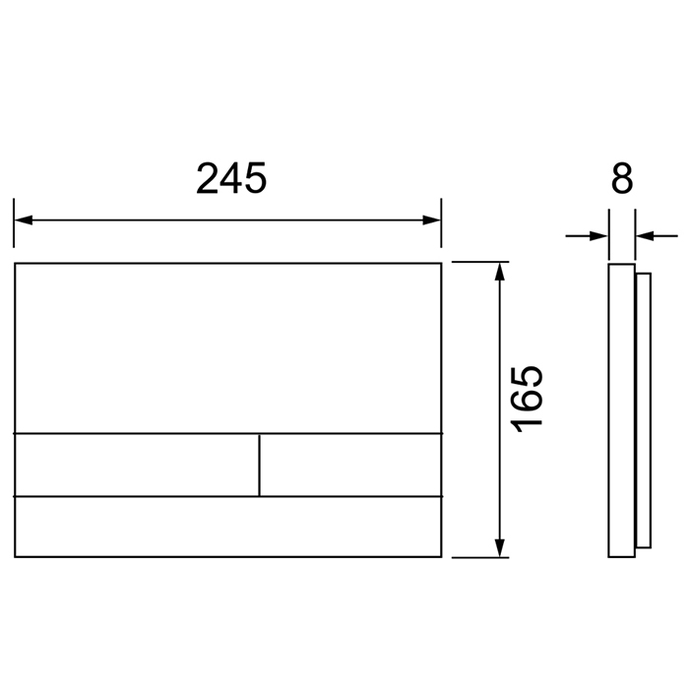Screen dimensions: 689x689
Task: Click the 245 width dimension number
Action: click(231, 178)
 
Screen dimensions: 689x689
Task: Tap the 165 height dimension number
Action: click(526, 399)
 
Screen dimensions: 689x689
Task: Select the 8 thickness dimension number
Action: click(622, 178)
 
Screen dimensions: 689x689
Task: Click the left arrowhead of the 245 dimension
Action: click(24, 220)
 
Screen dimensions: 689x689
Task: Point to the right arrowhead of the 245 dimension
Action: click(431, 220)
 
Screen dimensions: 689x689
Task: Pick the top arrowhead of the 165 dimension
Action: click(499, 272)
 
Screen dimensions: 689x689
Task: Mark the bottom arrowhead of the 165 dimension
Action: click(499, 548)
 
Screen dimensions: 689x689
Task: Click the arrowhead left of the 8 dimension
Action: click(598, 236)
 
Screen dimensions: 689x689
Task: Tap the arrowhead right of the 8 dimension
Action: click(645, 236)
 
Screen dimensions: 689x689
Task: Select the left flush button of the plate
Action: click(137, 465)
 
